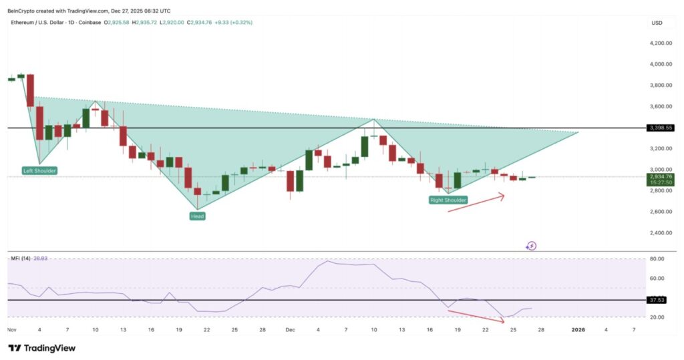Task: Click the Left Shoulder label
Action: tap(39, 171)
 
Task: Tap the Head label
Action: tap(197, 216)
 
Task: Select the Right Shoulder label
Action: tap(448, 200)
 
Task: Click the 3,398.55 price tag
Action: tap(661, 128)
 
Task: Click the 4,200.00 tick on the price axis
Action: tap(661, 43)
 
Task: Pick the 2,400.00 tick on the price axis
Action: tap(661, 233)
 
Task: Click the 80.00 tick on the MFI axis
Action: tap(657, 259)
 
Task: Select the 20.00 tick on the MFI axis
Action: tap(657, 317)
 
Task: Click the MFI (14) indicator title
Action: tap(21, 258)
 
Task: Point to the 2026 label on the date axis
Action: tap(578, 330)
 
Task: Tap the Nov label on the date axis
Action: tap(11, 330)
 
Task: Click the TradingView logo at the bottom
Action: tap(41, 348)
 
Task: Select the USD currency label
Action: tap(657, 23)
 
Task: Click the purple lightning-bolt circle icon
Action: tap(532, 246)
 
